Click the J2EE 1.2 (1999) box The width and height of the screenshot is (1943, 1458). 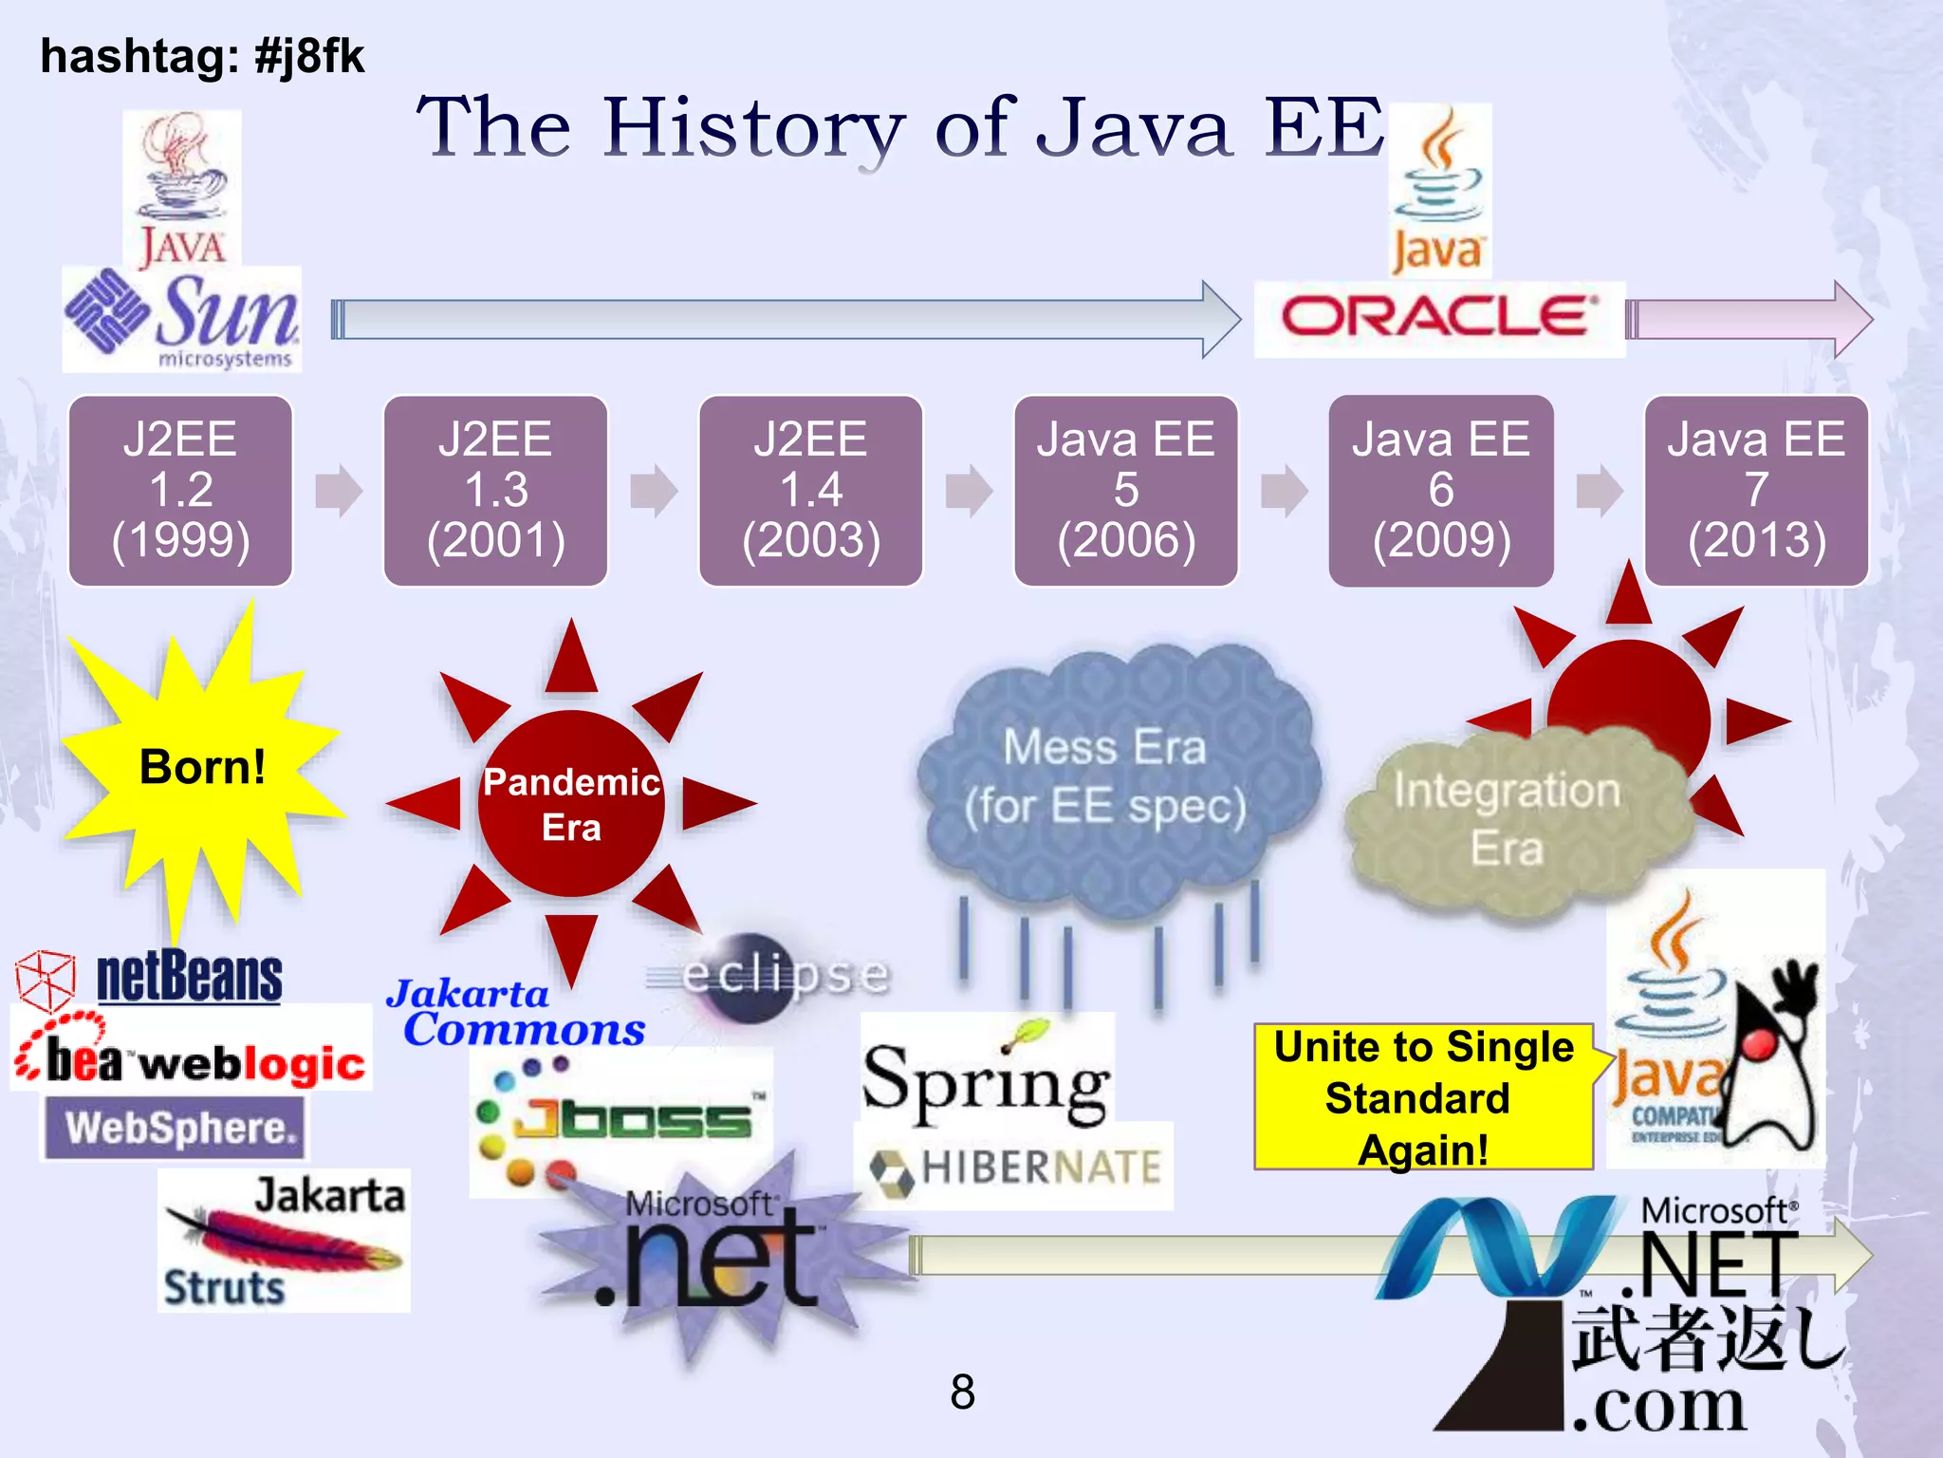point(180,491)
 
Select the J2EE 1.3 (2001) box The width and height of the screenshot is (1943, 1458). point(495,491)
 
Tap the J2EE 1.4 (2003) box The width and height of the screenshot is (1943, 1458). point(810,491)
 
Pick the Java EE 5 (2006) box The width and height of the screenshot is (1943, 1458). point(1125,491)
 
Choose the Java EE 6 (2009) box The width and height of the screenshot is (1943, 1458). point(1440,491)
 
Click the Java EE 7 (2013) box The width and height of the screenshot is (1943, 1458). point(1755,491)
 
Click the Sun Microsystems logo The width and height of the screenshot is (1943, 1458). point(182,319)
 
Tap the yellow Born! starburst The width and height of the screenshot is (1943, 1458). point(201,767)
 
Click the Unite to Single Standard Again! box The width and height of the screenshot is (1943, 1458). point(1423,1097)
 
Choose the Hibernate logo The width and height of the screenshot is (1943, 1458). point(1015,1168)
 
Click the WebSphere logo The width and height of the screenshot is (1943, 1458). point(176,1128)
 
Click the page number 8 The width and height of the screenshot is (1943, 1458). point(962,1393)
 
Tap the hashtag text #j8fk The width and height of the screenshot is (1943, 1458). point(307,56)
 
